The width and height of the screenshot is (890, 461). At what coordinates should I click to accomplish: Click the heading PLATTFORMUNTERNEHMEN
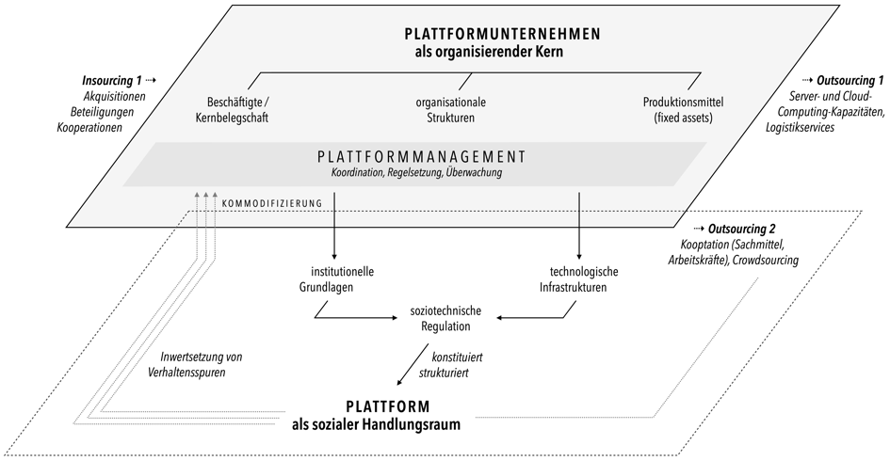coord(502,34)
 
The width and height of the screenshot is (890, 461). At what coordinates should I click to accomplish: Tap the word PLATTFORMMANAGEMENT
coord(422,156)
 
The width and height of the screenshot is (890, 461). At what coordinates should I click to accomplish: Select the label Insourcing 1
coord(112,81)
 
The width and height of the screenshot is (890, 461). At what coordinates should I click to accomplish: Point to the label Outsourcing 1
coord(850,81)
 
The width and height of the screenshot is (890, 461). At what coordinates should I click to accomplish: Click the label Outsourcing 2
coord(741,229)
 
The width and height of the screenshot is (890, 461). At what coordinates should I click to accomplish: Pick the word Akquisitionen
coord(114,96)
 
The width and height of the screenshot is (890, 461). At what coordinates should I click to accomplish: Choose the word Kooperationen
coord(89,128)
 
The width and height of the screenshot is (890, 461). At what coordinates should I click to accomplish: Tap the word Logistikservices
coord(800,128)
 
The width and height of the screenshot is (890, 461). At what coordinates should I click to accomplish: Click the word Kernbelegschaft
coord(232,118)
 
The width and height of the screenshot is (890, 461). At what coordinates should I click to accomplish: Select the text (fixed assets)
coord(683,118)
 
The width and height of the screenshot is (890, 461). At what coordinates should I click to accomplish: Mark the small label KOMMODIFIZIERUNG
coord(272,203)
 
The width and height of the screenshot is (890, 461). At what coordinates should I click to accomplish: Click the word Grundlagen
coord(326,288)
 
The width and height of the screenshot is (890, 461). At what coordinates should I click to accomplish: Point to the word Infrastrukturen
coord(573,288)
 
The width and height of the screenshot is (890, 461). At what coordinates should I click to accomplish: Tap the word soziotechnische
coord(445,310)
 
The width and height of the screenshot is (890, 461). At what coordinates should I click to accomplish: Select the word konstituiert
coord(457,358)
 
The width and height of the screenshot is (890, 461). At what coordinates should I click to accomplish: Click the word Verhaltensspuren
coord(186,373)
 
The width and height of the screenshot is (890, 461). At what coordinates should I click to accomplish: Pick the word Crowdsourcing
coord(766,261)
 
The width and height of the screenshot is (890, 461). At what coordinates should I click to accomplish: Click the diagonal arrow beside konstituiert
coord(413,364)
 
